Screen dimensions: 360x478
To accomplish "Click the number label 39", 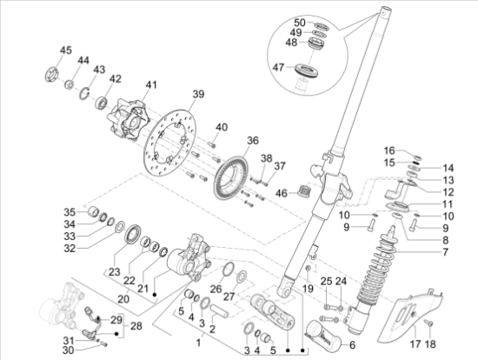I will point(198,94).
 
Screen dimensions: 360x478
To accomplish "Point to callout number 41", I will point(151,84).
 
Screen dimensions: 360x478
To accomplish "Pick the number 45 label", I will point(66,50).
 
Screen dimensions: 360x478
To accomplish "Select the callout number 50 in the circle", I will point(299,22).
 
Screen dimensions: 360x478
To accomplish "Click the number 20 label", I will point(123,297).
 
